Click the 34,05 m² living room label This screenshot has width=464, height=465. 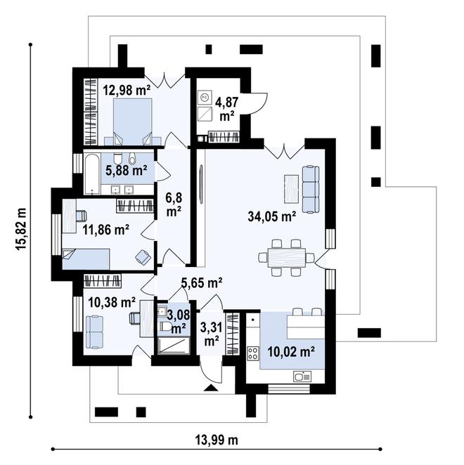[x=271, y=216]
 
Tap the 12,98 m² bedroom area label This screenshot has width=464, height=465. [x=127, y=90]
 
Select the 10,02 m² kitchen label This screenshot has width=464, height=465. [x=291, y=352]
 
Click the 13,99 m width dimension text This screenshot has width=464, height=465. [x=217, y=440]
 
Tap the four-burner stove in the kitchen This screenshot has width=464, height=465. [x=253, y=353]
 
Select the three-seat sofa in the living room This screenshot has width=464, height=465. [x=311, y=190]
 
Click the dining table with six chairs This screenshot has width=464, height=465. [x=286, y=257]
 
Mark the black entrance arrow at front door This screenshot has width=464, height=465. [x=211, y=388]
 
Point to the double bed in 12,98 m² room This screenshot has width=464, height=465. [x=132, y=122]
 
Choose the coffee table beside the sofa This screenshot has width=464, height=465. [x=291, y=189]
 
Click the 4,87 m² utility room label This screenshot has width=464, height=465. [x=227, y=109]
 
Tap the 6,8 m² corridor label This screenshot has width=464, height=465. [x=174, y=204]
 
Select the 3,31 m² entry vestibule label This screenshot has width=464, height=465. [x=211, y=334]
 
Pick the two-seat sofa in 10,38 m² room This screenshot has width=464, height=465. [x=95, y=332]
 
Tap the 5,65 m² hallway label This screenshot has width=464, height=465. [x=202, y=282]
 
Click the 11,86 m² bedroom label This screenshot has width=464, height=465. [x=105, y=230]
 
